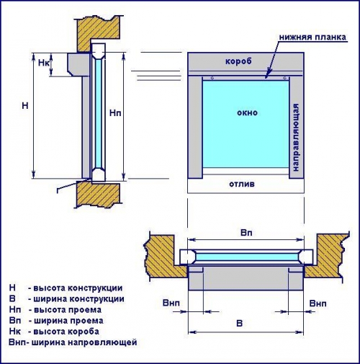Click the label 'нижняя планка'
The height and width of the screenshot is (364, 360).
pyautogui.click(x=312, y=37)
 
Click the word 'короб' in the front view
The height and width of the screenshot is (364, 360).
pyautogui.click(x=238, y=61)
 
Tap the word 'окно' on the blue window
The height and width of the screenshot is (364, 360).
pyautogui.click(x=247, y=112)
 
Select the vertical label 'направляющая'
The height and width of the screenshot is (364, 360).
pyautogui.click(x=297, y=138)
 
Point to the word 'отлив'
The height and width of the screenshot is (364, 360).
pyautogui.click(x=242, y=185)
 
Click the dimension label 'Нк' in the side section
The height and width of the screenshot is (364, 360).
pyautogui.click(x=43, y=63)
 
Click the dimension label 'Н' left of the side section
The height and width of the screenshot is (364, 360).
pyautogui.click(x=25, y=106)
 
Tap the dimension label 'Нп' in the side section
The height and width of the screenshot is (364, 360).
pyautogui.click(x=115, y=112)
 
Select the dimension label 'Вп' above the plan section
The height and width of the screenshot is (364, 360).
pyautogui.click(x=246, y=233)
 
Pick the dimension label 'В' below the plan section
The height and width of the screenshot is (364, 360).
pyautogui.click(x=239, y=324)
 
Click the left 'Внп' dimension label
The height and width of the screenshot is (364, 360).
pyautogui.click(x=171, y=303)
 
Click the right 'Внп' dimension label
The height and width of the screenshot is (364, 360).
pyautogui.click(x=318, y=303)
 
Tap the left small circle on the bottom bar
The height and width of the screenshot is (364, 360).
pyautogui.click(x=212, y=78)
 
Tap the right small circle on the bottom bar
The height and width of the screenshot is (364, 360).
pyautogui.click(x=284, y=78)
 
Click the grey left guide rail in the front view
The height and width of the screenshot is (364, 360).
pyautogui.click(x=195, y=128)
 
